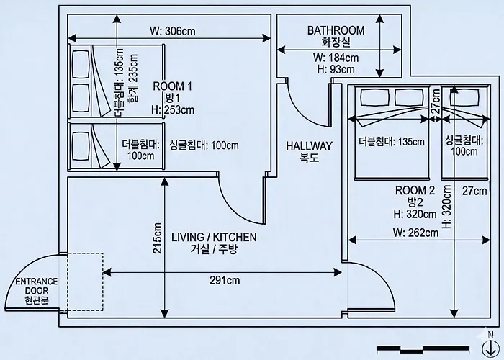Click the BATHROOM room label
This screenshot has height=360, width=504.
[x=336, y=30]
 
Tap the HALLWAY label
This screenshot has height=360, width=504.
[x=309, y=146]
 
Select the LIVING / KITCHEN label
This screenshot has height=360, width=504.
[x=214, y=237]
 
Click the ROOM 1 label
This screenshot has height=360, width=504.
[x=172, y=86]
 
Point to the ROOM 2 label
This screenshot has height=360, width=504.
[x=415, y=190]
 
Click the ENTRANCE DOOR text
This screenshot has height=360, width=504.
[x=37, y=286]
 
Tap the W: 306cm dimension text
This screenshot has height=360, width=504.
[x=172, y=31]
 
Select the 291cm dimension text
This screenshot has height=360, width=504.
[x=225, y=280]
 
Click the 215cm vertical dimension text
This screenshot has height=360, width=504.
[x=158, y=238]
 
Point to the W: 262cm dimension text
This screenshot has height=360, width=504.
[x=415, y=232]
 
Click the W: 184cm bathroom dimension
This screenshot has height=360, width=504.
[x=336, y=58]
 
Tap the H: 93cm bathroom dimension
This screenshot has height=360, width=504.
[x=336, y=69]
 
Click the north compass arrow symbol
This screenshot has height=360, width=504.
[x=490, y=348]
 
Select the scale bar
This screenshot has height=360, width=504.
[x=423, y=350]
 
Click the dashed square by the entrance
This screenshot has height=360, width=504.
[x=85, y=282]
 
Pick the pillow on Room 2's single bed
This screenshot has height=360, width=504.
[x=465, y=96]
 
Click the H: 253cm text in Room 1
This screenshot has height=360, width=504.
[x=173, y=109]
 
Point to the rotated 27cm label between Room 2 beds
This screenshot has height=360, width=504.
[x=436, y=100]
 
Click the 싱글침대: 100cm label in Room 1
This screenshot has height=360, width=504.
[x=204, y=145]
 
